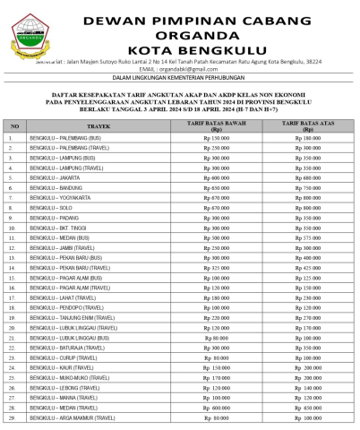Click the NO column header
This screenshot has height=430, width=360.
tap(14, 127)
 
